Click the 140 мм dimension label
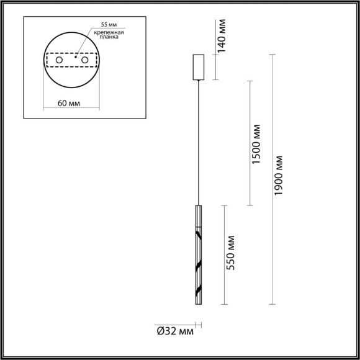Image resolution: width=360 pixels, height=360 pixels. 222,37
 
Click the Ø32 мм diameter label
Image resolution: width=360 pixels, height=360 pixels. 174,331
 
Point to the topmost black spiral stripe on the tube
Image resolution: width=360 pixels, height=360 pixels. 198,235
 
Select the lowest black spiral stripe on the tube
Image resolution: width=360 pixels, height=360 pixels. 198,292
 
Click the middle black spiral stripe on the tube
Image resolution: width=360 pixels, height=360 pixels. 198,265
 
